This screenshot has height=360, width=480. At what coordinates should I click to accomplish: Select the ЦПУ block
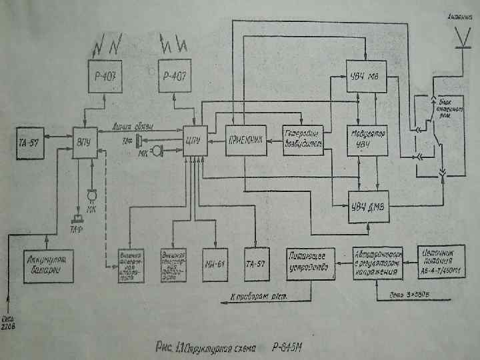click(x=195, y=142)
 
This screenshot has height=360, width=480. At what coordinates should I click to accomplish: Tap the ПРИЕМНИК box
click(x=245, y=141)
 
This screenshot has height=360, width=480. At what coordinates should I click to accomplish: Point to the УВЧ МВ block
click(x=366, y=74)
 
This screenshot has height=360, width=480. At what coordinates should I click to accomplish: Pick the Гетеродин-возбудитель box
click(x=303, y=137)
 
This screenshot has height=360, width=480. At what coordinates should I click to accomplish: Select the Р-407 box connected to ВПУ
click(x=106, y=75)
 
